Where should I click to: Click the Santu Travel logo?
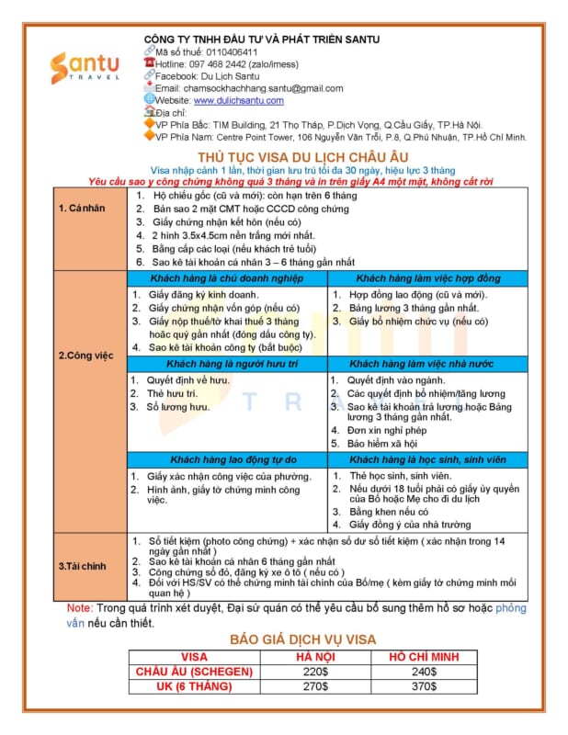tap(85, 68)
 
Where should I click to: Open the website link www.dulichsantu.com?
tap(238, 100)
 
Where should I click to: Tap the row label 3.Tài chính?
tap(83, 565)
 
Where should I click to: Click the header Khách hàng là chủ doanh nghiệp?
tap(225, 277)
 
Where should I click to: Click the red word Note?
tap(80, 608)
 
